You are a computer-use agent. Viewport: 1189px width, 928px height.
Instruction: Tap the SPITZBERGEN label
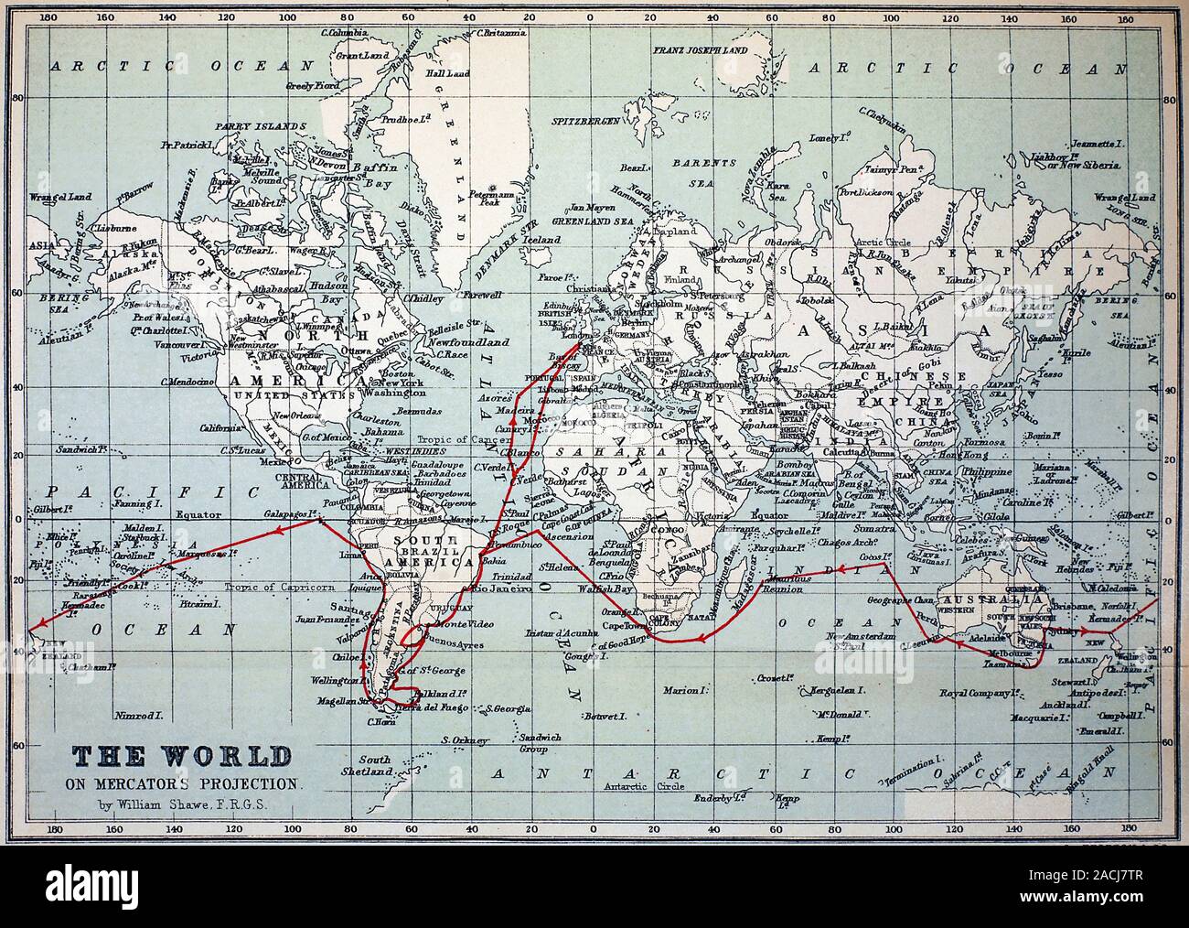(586, 121)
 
